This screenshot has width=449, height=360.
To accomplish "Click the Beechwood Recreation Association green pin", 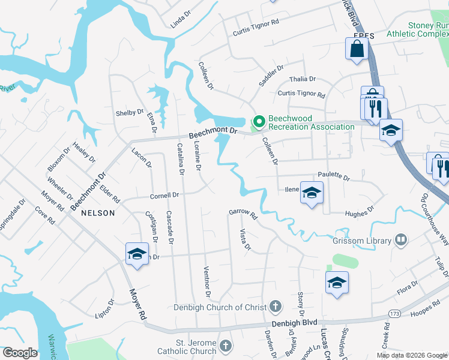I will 259,122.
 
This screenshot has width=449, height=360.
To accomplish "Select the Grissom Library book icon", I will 401,241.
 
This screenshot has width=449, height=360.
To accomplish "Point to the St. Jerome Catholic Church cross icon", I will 225,346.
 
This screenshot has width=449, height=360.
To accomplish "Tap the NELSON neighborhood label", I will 98,212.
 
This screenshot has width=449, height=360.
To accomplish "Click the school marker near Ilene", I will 311,194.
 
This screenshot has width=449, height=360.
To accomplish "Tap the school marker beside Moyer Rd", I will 137,254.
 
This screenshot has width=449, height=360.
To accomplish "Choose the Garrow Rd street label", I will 243,213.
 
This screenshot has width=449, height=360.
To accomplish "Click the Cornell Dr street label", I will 164,196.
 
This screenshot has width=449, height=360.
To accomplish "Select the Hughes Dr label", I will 359,212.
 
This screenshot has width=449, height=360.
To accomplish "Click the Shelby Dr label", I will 130,112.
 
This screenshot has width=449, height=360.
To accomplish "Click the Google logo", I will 20,353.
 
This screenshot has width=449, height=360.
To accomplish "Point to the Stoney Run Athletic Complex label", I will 421,30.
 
